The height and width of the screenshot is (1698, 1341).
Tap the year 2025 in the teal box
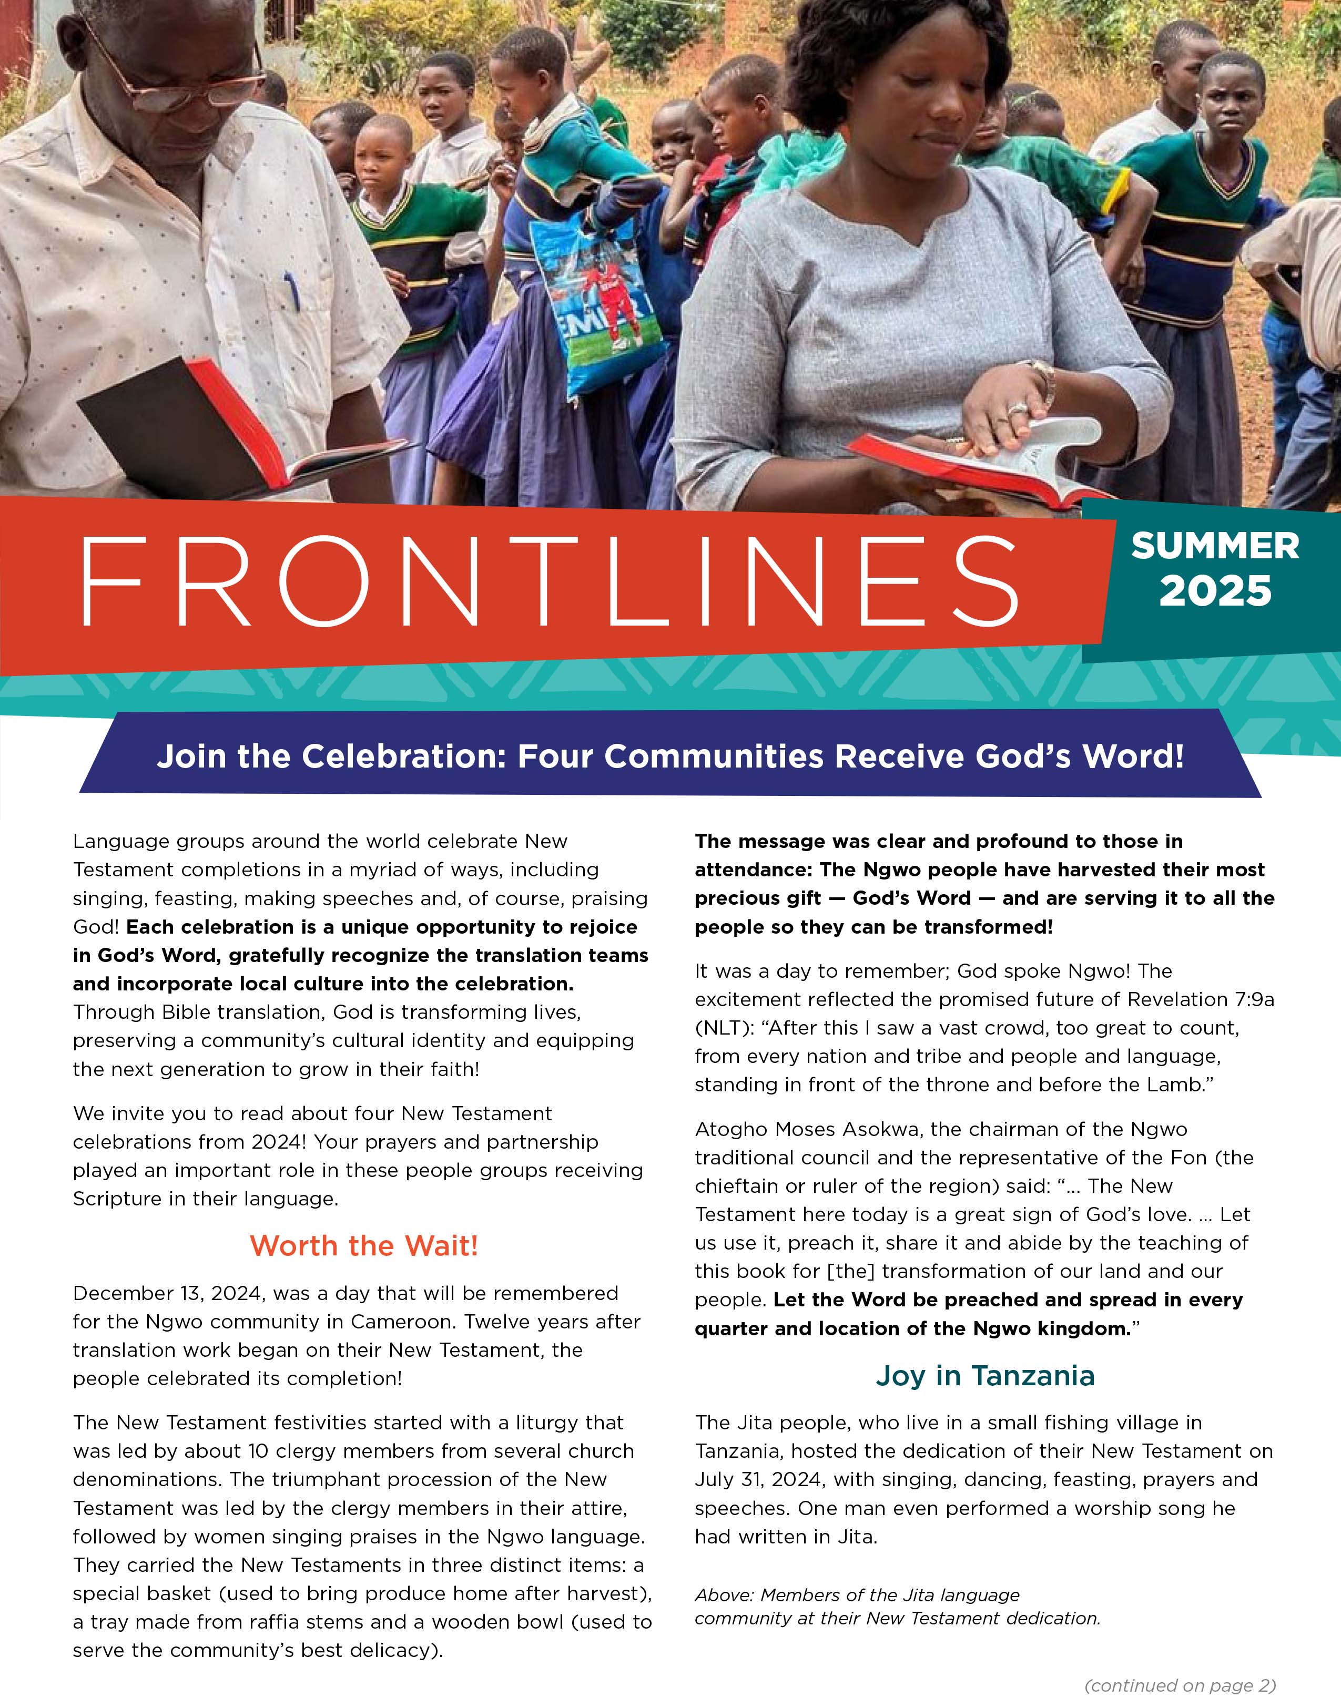1215,591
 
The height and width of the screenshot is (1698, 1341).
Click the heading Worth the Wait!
363,1245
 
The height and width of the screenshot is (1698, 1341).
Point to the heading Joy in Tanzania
984,1376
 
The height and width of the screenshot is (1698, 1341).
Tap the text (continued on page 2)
1180,1685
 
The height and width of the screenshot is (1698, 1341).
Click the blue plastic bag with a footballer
597,306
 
